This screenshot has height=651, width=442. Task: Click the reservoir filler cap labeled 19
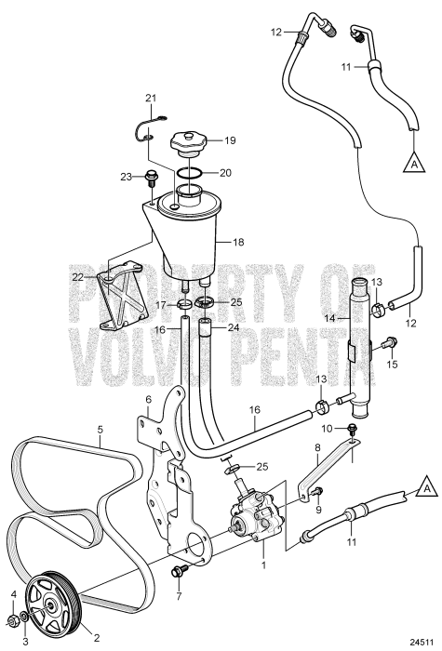(189, 144)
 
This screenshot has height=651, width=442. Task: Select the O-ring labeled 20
(190, 173)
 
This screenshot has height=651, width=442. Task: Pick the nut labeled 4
(14, 621)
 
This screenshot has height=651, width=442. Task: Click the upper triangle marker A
(414, 162)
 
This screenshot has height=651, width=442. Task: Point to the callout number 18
(238, 242)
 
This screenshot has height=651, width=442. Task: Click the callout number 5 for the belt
(100, 430)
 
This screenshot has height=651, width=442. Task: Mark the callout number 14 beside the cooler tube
(342, 318)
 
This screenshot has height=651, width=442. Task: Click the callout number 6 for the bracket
(148, 399)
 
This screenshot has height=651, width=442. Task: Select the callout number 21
(151, 99)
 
